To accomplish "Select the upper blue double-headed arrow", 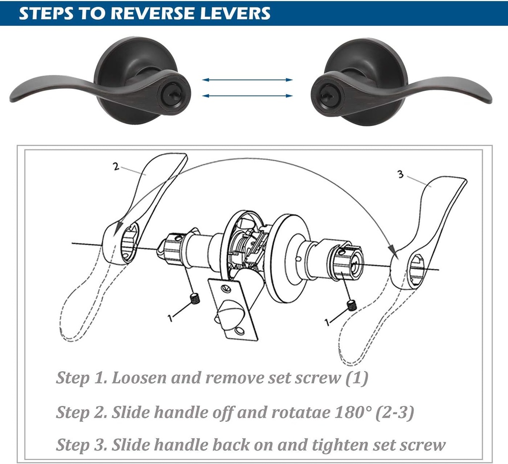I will [x=248, y=79].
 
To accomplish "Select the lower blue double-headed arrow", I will [x=248, y=96].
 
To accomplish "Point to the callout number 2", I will [x=116, y=167].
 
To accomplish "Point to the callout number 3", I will [x=400, y=174].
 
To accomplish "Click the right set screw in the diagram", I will [x=352, y=305].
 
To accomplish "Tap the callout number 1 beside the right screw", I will [x=327, y=322].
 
